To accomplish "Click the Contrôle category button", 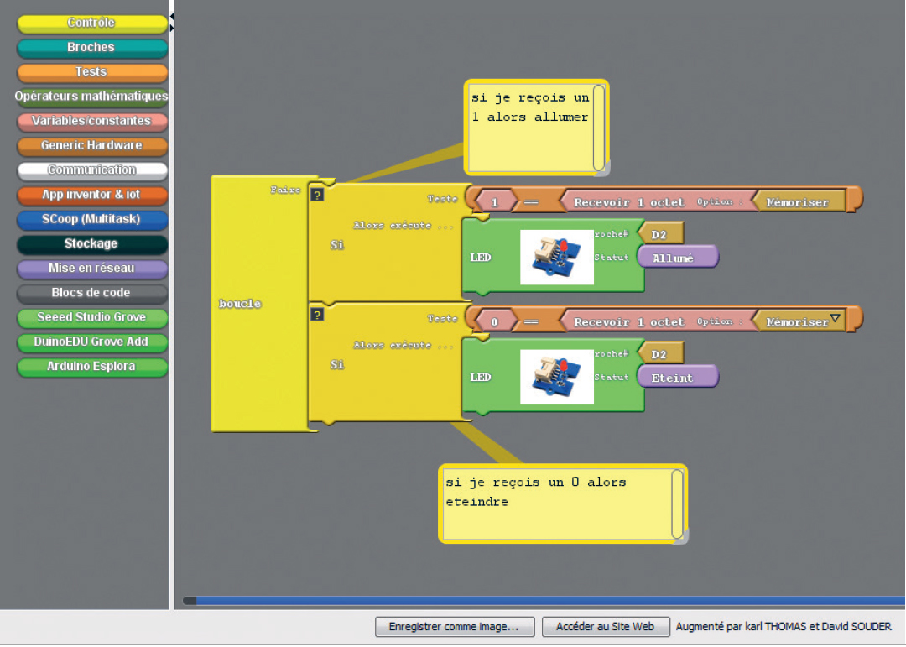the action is tap(92, 23).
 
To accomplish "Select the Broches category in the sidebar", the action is tap(92, 47).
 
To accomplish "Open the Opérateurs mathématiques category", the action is tap(92, 97).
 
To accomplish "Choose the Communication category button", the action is tap(92, 170).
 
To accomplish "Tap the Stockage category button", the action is tap(92, 243).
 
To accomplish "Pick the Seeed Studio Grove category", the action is tap(92, 317).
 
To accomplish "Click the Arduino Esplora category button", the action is tap(92, 367).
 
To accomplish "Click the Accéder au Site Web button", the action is tap(606, 627).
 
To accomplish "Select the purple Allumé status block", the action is tap(678, 258).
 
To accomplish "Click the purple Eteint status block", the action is tap(678, 377).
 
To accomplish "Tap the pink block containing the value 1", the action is tap(496, 202).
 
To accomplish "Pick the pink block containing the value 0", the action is tap(496, 322).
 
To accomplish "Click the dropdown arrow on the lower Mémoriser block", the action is tap(835, 318).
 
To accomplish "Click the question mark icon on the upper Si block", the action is tap(317, 195).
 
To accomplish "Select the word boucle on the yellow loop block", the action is tap(240, 304).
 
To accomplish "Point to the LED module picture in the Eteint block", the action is tap(557, 377).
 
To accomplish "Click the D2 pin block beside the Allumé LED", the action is tap(661, 234).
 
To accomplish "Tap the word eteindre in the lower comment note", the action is tap(476, 502).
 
